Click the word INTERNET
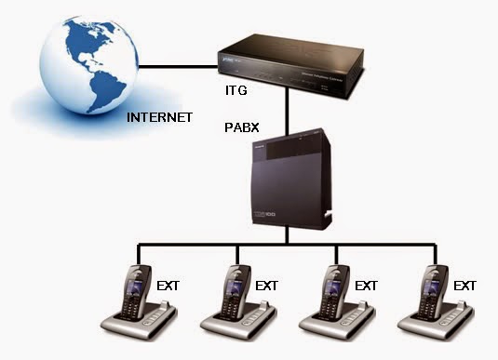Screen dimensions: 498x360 [159, 118]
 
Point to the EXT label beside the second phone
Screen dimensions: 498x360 [267, 285]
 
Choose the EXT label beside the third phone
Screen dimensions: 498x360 [366, 285]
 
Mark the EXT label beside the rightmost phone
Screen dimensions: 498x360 [462, 285]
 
